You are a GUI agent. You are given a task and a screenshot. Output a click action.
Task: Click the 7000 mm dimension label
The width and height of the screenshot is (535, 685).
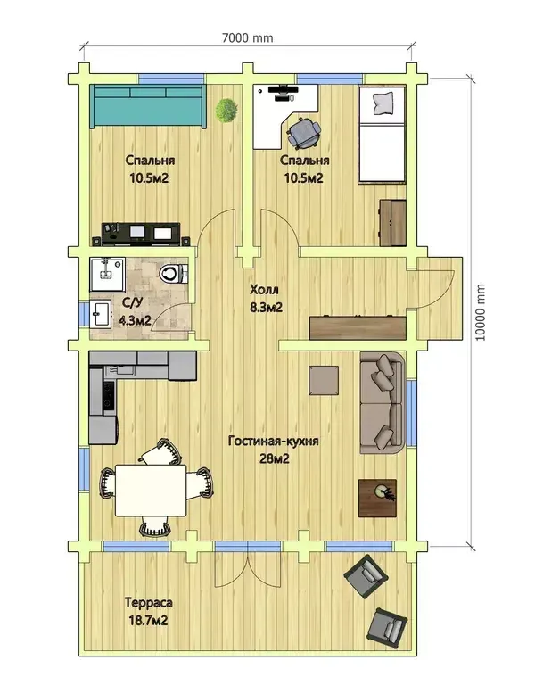pyautogui.click(x=248, y=38)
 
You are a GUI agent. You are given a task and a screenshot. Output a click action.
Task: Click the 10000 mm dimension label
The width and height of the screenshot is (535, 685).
pyautogui.click(x=480, y=312)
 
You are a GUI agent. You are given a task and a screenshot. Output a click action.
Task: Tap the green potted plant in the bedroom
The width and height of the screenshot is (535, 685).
pyautogui.click(x=226, y=110)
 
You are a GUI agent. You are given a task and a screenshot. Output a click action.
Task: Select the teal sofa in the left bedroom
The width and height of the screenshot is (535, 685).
pyautogui.click(x=148, y=106)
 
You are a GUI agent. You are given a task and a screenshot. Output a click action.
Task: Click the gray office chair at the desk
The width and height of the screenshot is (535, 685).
pyautogui.click(x=304, y=131)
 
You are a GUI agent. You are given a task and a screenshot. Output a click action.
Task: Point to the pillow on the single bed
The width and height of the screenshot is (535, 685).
pyautogui.click(x=383, y=103)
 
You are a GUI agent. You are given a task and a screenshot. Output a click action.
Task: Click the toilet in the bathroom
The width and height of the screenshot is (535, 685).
pyautogui.click(x=173, y=275)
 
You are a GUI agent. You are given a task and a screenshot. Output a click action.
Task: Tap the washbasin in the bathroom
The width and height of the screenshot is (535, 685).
pyautogui.click(x=101, y=313)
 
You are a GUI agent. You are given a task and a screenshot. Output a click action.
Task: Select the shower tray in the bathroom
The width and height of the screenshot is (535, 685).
pyautogui.click(x=107, y=275)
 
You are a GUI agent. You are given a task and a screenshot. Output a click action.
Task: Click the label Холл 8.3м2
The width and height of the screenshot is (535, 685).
pyautogui.click(x=266, y=299)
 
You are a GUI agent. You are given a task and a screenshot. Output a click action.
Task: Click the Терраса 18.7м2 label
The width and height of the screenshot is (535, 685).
pyautogui.click(x=148, y=612)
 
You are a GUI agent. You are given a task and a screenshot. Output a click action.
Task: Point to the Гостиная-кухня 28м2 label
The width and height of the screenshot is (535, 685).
pyautogui.click(x=274, y=450)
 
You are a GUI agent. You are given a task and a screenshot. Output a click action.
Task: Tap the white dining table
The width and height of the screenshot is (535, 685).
pyautogui.click(x=150, y=491)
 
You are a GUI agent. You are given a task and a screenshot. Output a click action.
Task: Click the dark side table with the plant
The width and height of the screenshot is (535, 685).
pyautogui.click(x=378, y=498)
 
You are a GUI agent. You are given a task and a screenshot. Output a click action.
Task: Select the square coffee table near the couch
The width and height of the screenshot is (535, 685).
pyautogui.click(x=324, y=381)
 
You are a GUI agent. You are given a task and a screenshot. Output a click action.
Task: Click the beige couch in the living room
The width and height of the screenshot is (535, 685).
pyautogui.click(x=382, y=403)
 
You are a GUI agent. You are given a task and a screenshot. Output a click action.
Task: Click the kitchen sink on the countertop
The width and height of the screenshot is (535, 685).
pyautogui.click(x=119, y=372)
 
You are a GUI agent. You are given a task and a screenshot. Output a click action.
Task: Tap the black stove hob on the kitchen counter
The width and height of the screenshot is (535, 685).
pyautogui.click(x=109, y=395)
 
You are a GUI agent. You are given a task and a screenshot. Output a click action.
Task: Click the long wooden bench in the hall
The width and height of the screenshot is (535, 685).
pyautogui.click(x=358, y=327)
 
